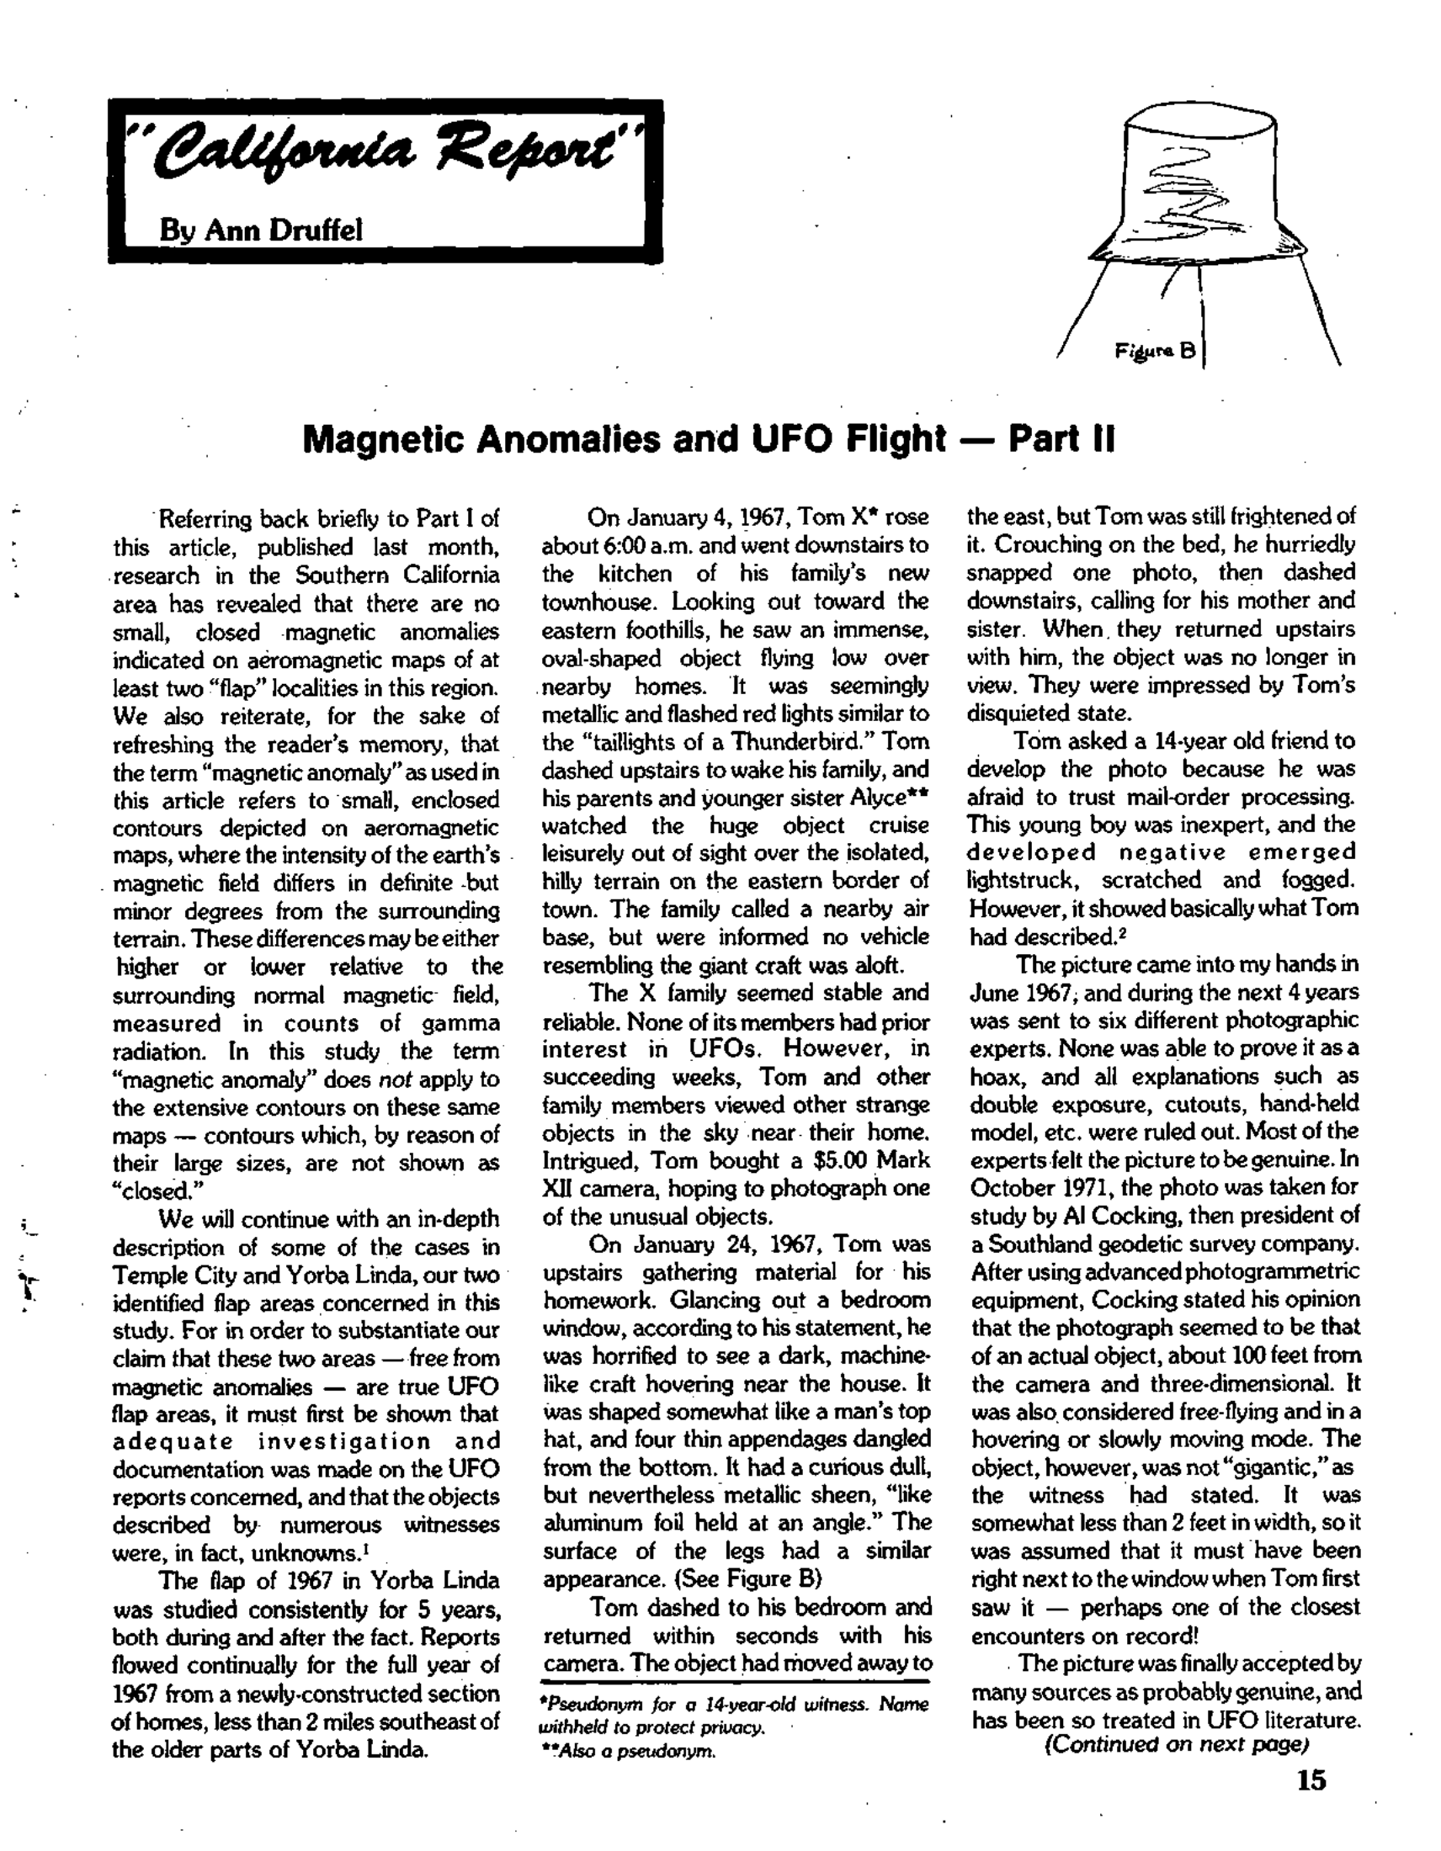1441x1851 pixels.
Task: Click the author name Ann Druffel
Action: click(x=260, y=230)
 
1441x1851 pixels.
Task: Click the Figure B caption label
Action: click(x=1155, y=350)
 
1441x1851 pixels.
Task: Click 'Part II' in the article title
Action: click(x=1061, y=439)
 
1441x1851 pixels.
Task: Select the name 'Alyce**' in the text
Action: click(x=892, y=798)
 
